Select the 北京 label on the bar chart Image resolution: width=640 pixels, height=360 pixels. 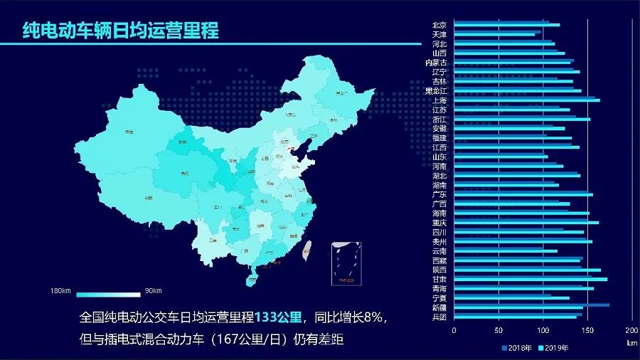[x=439, y=25]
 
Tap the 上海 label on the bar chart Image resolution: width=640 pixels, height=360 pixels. [x=439, y=100]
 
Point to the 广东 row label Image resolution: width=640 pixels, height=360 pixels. [x=439, y=194]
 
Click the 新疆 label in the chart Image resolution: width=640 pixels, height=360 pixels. [x=439, y=307]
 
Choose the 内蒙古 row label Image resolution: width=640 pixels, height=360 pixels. [x=436, y=63]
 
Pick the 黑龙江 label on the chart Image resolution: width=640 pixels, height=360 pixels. [x=436, y=91]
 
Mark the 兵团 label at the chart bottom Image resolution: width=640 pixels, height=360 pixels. [x=439, y=317]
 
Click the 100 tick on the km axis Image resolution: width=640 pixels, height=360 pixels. [x=543, y=332]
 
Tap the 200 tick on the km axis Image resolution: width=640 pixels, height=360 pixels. [x=631, y=332]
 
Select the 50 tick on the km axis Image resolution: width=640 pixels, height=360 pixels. [x=498, y=332]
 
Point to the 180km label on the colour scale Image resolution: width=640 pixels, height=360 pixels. [x=61, y=291]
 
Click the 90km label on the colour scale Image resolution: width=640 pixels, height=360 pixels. [x=154, y=291]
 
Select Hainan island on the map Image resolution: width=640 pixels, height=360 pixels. [x=251, y=280]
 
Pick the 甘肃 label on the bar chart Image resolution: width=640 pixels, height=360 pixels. [x=439, y=279]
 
